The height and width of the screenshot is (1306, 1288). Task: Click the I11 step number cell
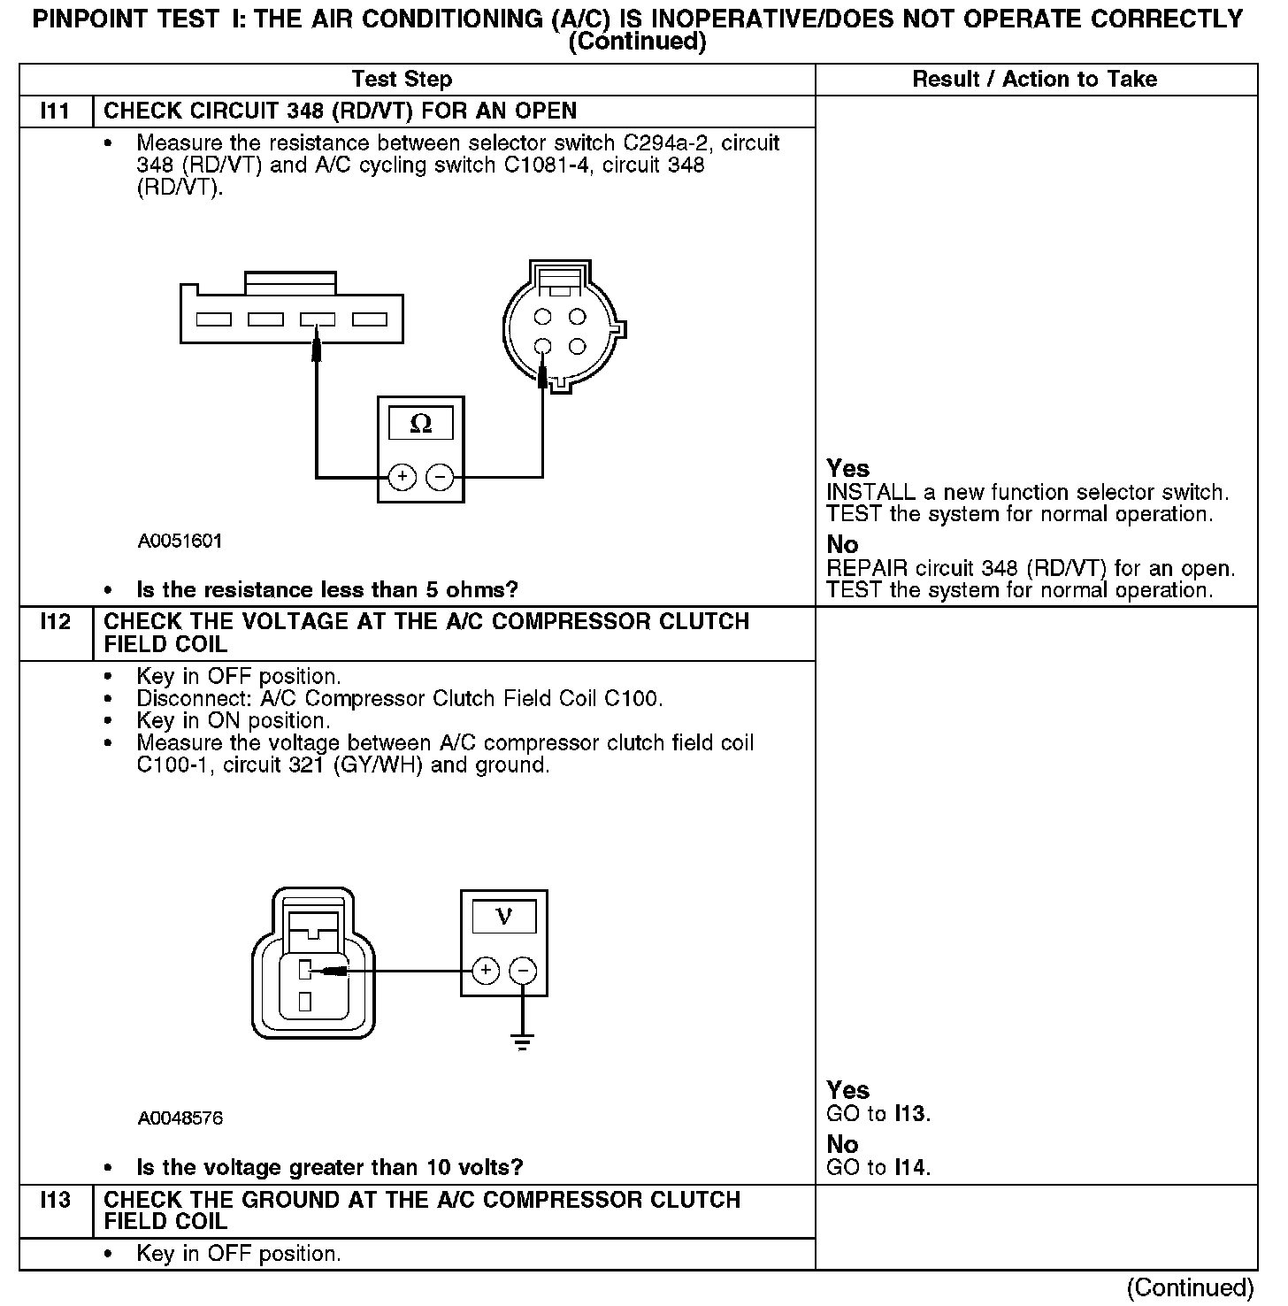pos(55,111)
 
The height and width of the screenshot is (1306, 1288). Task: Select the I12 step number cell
pos(55,622)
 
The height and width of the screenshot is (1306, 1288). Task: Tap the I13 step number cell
pos(55,1201)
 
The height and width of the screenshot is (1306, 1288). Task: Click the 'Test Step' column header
pos(402,80)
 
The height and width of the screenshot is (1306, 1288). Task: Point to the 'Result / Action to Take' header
pos(1034,80)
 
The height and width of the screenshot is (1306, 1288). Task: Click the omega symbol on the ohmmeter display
pos(421,425)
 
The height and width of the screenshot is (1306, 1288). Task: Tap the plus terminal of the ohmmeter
pos(402,478)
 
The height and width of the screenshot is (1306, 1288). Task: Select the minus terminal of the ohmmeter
pos(440,478)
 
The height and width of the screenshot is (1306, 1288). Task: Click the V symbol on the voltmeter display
pos(504,917)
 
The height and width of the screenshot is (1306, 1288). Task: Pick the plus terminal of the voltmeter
pos(486,972)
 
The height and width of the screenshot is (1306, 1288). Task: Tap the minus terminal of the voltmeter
pos(523,972)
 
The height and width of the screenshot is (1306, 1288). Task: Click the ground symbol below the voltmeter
pos(523,1041)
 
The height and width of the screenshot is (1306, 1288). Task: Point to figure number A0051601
pos(180,541)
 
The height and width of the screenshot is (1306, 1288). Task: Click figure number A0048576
pos(180,1118)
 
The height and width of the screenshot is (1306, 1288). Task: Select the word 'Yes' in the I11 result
pos(847,468)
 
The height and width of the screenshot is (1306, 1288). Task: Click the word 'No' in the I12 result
pos(842,1145)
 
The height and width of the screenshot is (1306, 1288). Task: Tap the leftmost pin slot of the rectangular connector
pos(213,319)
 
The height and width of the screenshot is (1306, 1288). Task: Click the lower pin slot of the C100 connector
pos(304,1002)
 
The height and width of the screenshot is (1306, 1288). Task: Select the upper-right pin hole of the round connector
pos(578,316)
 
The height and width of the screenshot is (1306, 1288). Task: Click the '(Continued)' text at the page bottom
pos(1191,1287)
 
